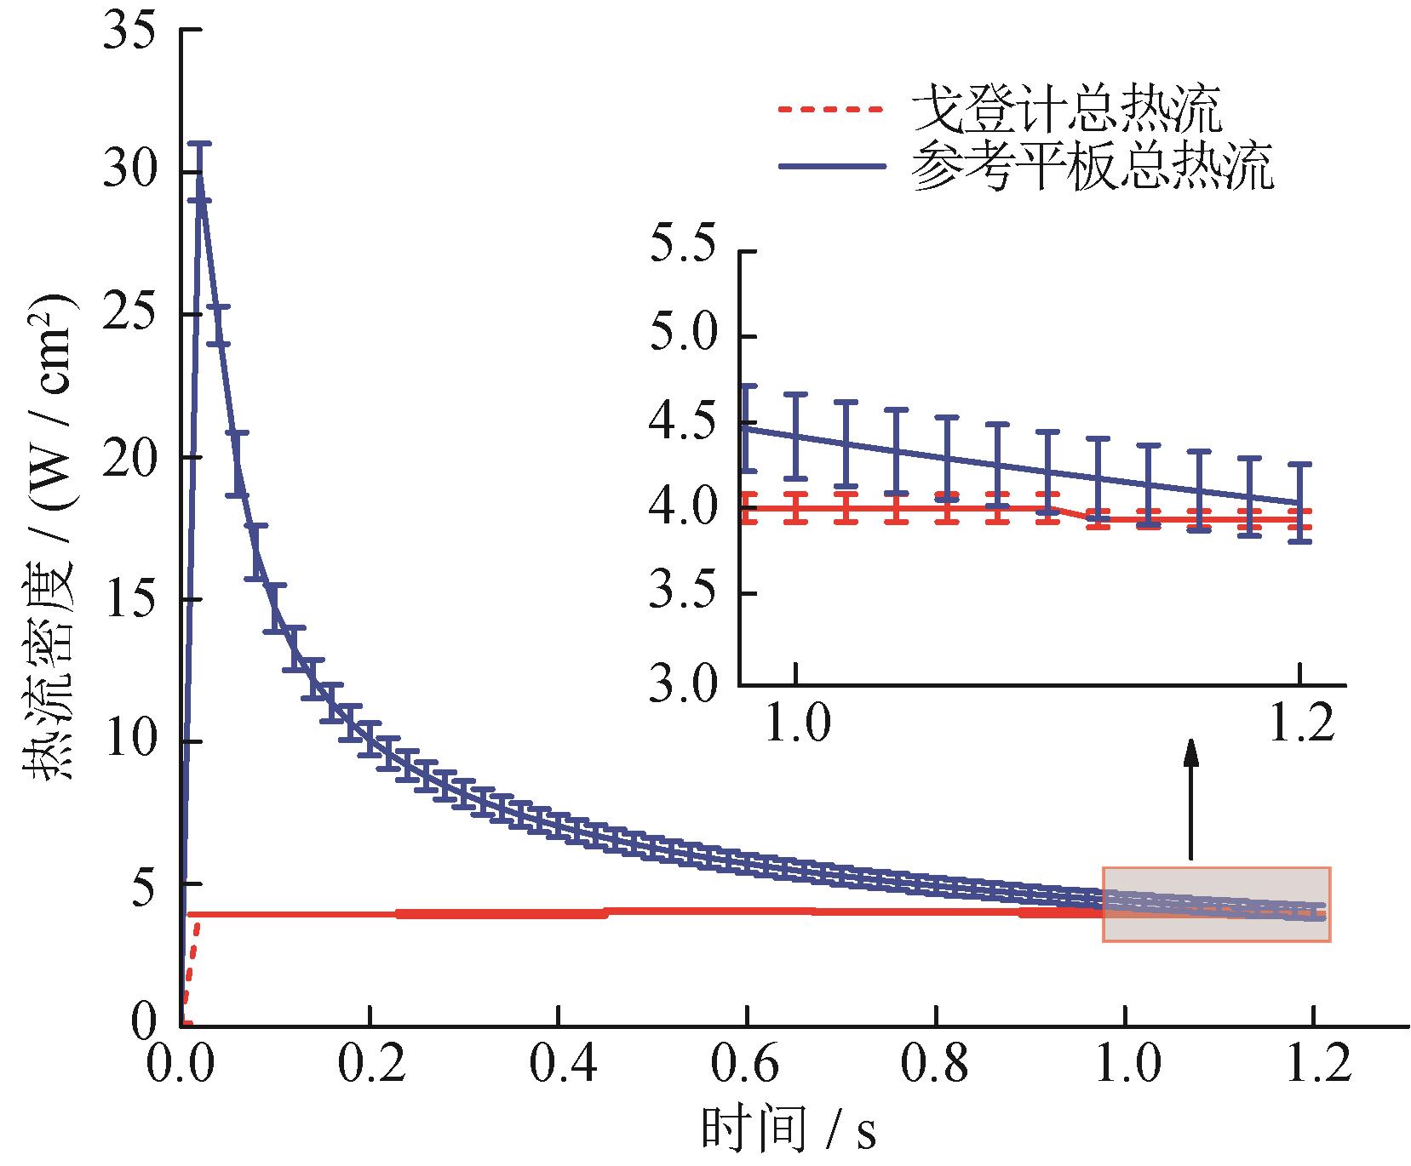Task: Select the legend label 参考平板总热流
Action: pyautogui.click(x=1093, y=166)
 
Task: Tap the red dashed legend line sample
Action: pyautogui.click(x=829, y=109)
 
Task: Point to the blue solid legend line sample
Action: pyautogui.click(x=829, y=165)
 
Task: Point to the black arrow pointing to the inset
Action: pyautogui.click(x=1190, y=800)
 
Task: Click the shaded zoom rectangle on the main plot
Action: pyautogui.click(x=1216, y=904)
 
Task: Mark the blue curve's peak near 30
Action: pyautogui.click(x=198, y=173)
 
